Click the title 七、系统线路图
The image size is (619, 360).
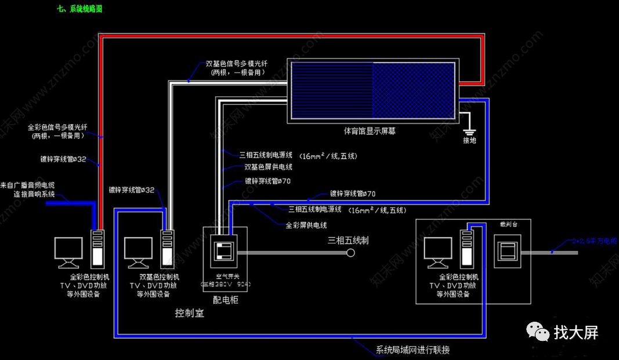coord(81,9)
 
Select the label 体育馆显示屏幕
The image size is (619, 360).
coord(370,132)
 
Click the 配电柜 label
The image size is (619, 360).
coord(226,300)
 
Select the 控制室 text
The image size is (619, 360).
coord(190,313)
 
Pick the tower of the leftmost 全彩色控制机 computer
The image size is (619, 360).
coord(97,247)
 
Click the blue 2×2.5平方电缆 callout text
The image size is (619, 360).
coord(592,240)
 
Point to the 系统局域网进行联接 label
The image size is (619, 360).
coord(412,350)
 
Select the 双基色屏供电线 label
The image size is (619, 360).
coord(268,167)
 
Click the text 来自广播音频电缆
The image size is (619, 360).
coord(31,185)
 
